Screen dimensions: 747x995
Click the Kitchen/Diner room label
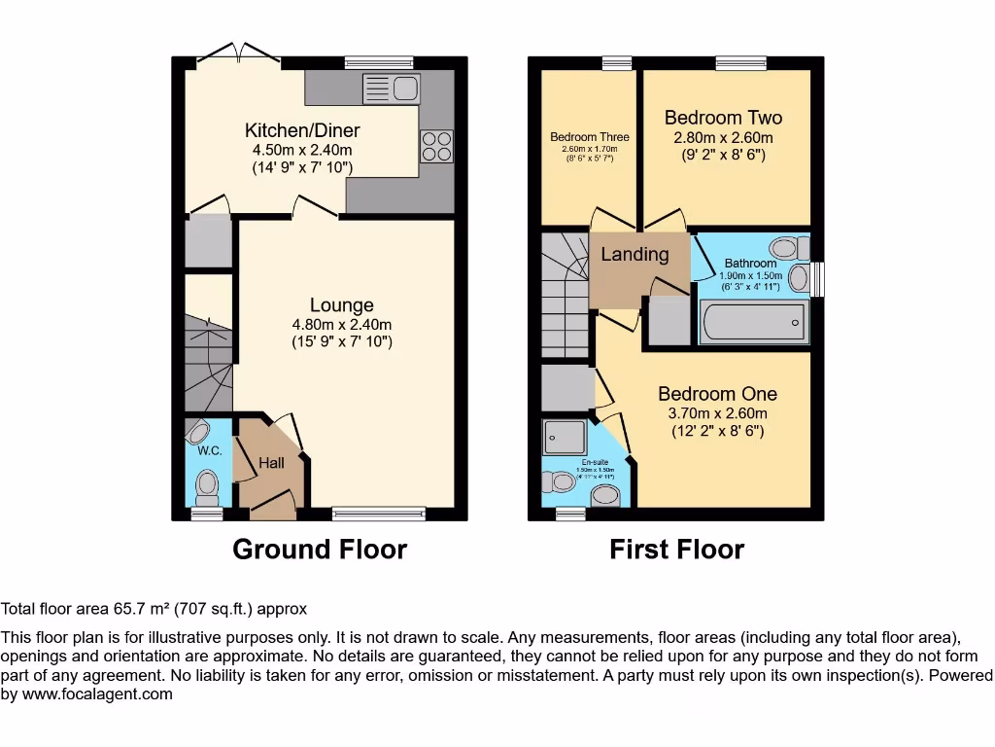(x=302, y=130)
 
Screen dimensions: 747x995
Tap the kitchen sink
(x=391, y=89)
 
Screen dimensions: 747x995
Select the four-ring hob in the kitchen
(x=436, y=146)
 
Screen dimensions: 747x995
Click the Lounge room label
(x=341, y=305)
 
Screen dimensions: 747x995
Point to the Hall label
(x=271, y=463)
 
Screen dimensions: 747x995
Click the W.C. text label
(x=210, y=450)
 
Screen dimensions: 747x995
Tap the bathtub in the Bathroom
(x=754, y=321)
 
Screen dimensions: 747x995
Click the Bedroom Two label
(x=723, y=118)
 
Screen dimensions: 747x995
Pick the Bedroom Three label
(x=589, y=137)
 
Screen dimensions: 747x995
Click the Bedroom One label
(x=717, y=394)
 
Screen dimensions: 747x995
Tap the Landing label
(x=635, y=255)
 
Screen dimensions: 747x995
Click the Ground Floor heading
(x=320, y=550)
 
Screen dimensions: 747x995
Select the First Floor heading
(x=676, y=550)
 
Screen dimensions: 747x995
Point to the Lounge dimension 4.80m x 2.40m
(x=341, y=325)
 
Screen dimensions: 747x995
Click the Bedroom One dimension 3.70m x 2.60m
(x=717, y=413)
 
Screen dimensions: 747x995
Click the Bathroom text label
(x=750, y=264)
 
